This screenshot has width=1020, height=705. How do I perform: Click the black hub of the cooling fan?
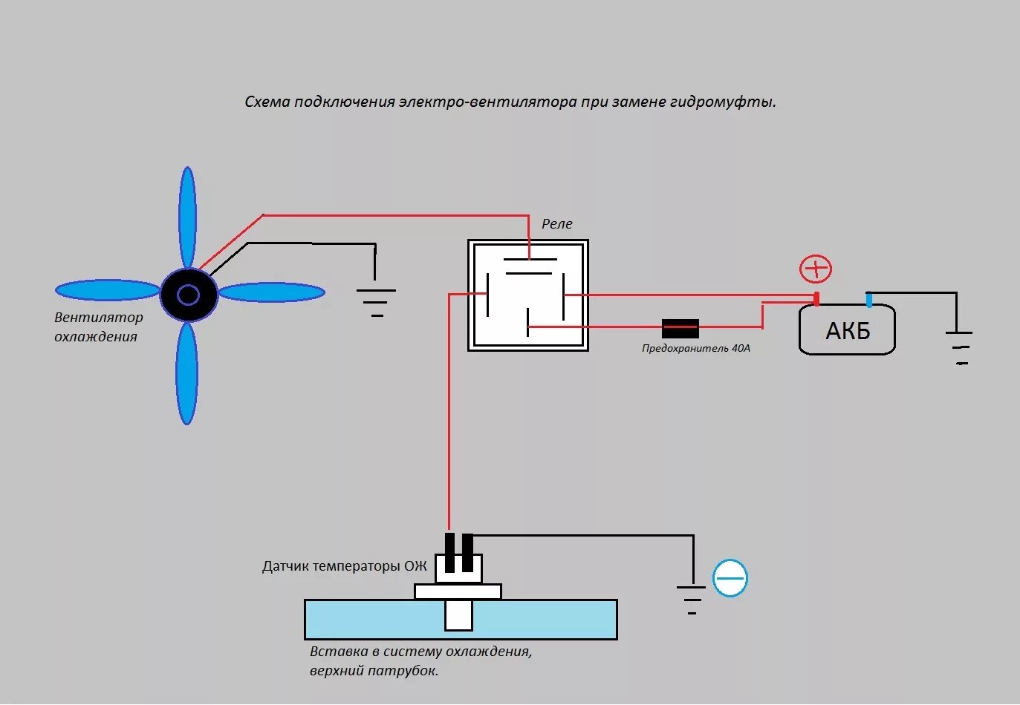[189, 295]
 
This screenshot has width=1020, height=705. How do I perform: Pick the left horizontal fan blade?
[108, 290]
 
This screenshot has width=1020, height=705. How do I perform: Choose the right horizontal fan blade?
[271, 292]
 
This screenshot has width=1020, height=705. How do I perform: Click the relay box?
[528, 295]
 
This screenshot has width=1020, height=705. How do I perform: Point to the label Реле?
[557, 224]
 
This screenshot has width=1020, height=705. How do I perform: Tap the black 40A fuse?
[680, 329]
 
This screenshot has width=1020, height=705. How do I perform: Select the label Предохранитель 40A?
[696, 348]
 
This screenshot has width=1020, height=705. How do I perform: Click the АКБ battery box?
[847, 330]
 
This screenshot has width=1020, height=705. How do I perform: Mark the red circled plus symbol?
[816, 269]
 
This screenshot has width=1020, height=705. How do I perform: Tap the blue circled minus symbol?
[730, 579]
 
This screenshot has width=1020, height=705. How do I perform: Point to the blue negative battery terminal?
[868, 300]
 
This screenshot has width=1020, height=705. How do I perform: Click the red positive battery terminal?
[816, 299]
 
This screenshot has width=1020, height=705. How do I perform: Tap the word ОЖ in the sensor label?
[415, 566]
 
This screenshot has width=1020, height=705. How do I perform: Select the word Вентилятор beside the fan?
[99, 318]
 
